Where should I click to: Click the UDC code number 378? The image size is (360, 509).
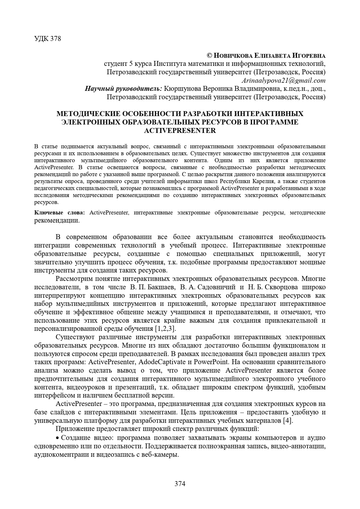click(55, 39)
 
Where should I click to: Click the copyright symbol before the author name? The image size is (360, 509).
click(209, 55)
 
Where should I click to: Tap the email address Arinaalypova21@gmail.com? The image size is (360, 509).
click(283, 80)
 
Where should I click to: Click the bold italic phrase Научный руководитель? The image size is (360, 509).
click(123, 89)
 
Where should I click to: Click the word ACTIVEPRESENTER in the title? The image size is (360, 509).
click(180, 131)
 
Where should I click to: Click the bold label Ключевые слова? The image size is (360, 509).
click(60, 213)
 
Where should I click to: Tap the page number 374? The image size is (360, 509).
click(180, 483)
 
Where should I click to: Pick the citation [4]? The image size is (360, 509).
click(288, 421)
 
